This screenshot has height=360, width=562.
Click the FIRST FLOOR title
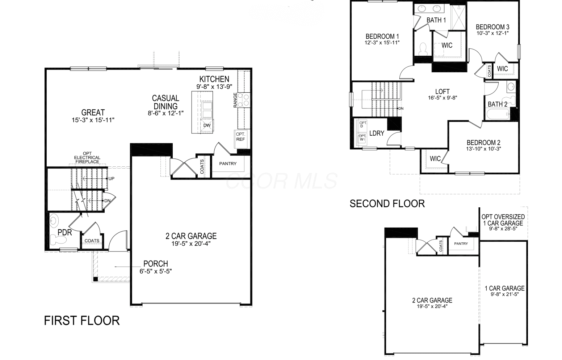(82, 321)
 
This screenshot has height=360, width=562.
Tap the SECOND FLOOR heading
(387, 204)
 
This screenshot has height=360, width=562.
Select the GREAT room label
(93, 113)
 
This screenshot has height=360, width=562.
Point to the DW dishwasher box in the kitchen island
(207, 125)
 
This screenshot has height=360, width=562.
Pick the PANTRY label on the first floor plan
(228, 164)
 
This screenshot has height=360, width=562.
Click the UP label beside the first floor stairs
(112, 178)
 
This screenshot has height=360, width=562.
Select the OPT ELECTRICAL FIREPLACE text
(87, 157)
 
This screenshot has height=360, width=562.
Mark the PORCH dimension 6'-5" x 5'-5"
(156, 271)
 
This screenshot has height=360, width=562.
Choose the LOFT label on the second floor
(443, 92)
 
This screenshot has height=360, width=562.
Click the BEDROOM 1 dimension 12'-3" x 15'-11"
(382, 43)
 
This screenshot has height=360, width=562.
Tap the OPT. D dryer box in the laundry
(363, 124)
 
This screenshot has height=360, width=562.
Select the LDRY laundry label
(377, 134)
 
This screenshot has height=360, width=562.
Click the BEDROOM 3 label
(492, 27)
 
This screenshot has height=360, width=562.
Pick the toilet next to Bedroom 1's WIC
(423, 49)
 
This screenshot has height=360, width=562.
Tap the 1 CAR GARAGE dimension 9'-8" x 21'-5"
(504, 294)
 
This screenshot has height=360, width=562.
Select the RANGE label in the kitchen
(235, 100)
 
